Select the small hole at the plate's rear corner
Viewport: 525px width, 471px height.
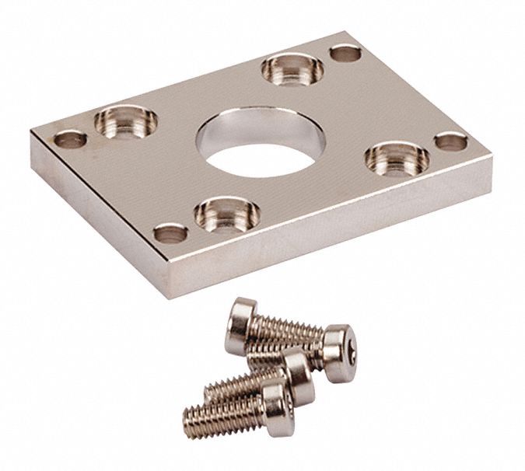[343, 54]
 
